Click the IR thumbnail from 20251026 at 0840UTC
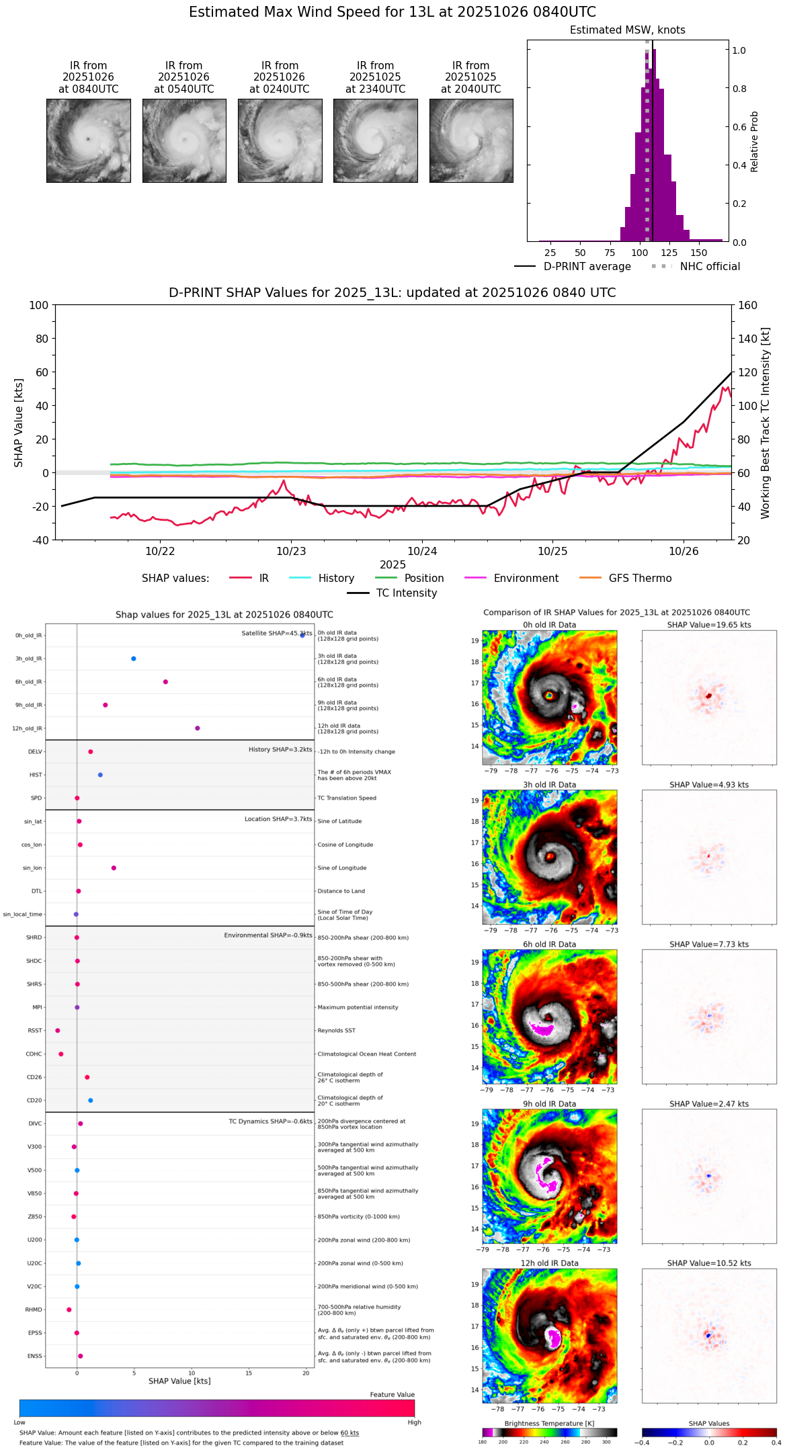(x=88, y=140)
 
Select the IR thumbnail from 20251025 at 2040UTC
(x=471, y=140)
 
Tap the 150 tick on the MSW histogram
(x=699, y=253)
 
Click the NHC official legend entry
(x=710, y=267)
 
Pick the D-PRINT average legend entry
(x=587, y=267)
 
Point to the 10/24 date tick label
(x=422, y=551)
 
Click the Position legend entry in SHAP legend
(x=423, y=579)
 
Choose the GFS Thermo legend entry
(x=640, y=579)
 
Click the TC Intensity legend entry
(x=406, y=593)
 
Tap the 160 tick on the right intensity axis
(x=747, y=305)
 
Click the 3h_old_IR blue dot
(x=134, y=658)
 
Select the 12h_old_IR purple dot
(x=198, y=728)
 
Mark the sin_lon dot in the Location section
(x=114, y=868)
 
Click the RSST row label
(x=35, y=1031)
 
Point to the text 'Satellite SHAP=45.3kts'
(x=276, y=634)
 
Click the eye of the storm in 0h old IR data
(x=550, y=695)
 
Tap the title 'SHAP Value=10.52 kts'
(x=709, y=1263)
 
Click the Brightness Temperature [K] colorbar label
(x=549, y=1423)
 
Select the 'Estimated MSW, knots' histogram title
(x=627, y=30)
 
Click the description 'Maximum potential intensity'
(x=358, y=1007)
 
